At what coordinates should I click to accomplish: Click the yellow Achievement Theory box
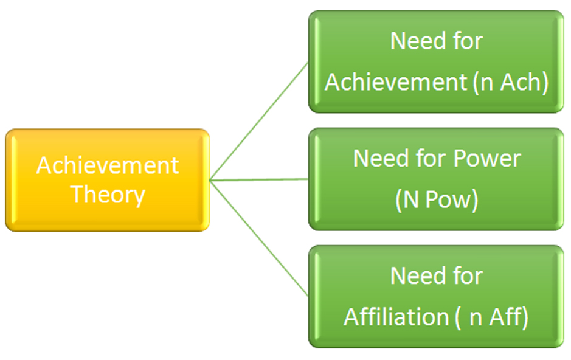click(107, 180)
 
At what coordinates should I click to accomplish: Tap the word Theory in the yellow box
click(108, 195)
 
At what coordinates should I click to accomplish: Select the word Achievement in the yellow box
click(108, 165)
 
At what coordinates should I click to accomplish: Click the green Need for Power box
click(436, 179)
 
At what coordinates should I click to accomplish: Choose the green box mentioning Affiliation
click(436, 297)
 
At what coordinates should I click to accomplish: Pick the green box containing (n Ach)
click(436, 61)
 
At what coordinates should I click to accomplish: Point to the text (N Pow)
click(437, 200)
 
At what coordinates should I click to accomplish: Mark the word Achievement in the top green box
click(395, 81)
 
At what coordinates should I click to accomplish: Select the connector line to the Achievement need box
click(261, 119)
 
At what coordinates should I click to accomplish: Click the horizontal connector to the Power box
click(260, 179)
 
